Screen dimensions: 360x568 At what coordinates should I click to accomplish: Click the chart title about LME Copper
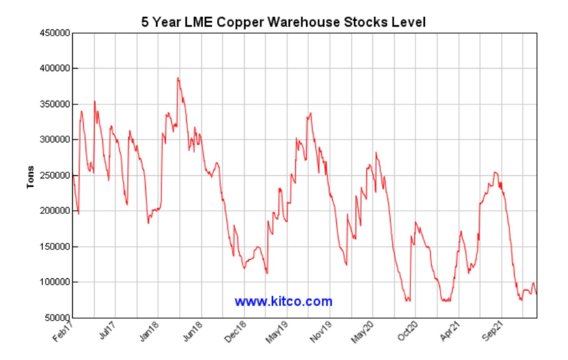[283, 22]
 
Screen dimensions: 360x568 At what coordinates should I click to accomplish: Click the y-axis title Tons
[31, 176]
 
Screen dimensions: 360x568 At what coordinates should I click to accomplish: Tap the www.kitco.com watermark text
[284, 301]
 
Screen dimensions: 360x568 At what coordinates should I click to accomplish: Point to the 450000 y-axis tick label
[53, 33]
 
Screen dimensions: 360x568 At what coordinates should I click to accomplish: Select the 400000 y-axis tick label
[53, 69]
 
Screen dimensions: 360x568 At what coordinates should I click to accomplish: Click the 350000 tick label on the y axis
[53, 104]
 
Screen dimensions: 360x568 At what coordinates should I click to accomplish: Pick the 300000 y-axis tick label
[53, 140]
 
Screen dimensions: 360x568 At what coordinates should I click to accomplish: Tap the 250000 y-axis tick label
[53, 175]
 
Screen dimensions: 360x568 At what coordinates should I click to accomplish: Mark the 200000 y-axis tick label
[53, 211]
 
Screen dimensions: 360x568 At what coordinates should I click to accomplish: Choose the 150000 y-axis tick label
[53, 247]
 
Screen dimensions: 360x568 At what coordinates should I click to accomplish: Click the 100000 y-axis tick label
[53, 282]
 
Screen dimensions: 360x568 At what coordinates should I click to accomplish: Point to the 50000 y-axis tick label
[55, 318]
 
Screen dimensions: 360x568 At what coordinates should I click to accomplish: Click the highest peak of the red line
[178, 78]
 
